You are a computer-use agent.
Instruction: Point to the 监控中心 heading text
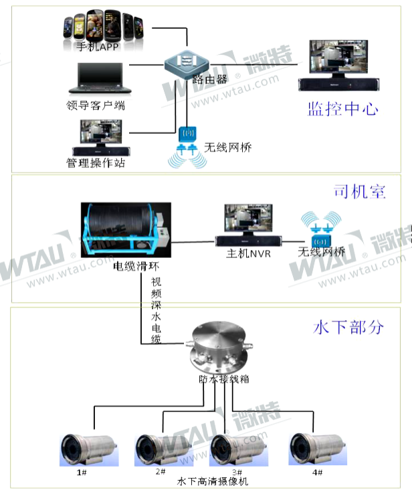[x=343, y=109]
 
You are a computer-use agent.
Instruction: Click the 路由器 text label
[x=209, y=78]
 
